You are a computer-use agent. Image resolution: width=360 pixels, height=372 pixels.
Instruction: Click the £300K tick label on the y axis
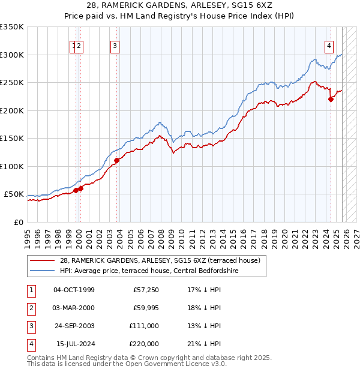12,55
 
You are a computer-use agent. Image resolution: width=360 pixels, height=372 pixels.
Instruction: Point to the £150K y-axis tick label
12,139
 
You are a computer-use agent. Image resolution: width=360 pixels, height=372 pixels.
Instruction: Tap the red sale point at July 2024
331,100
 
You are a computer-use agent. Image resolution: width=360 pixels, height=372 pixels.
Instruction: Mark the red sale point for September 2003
117,160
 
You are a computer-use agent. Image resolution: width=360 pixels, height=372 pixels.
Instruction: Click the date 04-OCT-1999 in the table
74,290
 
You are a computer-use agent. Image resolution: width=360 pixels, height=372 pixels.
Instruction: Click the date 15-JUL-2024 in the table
74,344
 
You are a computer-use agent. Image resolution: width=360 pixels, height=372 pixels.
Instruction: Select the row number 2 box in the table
31,308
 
